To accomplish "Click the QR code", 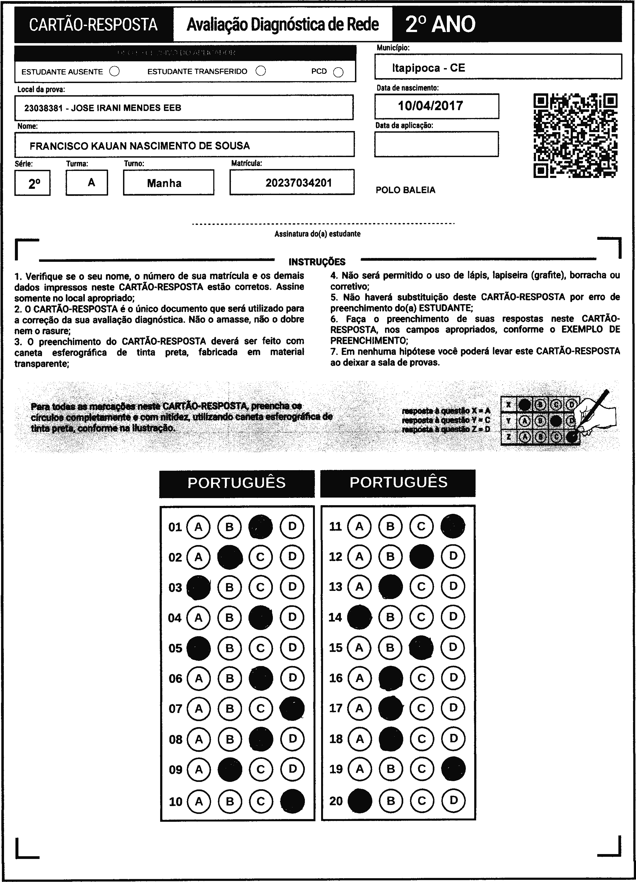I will pos(575,135).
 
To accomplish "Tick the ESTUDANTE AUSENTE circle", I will pos(115,72).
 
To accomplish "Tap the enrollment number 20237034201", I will pos(298,183).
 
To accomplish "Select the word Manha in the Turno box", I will pos(164,183).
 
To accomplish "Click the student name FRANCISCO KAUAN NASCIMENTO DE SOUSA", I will pos(140,146).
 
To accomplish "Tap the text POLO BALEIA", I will pos(405,190).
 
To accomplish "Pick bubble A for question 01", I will pos(199,527).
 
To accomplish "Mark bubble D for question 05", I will pos(292,648).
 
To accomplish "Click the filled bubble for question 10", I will pos(292,801).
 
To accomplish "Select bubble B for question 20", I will pos(391,800).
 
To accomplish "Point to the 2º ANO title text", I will pos(440,24).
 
